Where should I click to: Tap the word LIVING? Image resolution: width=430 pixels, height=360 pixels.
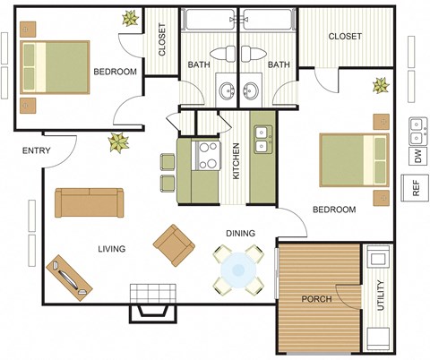point(111,248)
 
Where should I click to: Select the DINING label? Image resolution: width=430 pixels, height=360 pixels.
point(239,233)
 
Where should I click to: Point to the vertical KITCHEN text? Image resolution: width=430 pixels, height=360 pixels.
point(236,161)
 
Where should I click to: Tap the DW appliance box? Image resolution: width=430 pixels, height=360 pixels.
point(417,156)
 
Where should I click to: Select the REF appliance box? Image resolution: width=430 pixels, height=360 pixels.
point(417,189)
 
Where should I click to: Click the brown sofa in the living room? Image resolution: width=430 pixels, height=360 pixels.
point(89,202)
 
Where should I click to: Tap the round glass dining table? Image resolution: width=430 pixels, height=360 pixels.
point(238,268)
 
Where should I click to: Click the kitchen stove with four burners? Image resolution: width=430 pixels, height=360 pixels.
point(207,156)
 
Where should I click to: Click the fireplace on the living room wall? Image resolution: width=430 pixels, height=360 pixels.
point(150,301)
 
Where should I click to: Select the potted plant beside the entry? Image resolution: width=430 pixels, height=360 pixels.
point(116,141)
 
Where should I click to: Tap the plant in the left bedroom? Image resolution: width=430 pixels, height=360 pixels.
point(131,18)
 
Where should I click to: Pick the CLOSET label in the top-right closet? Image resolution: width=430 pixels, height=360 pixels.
point(345,37)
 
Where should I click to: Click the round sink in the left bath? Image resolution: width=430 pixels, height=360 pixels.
point(226,90)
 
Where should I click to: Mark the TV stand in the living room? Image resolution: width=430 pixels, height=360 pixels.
point(68,276)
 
